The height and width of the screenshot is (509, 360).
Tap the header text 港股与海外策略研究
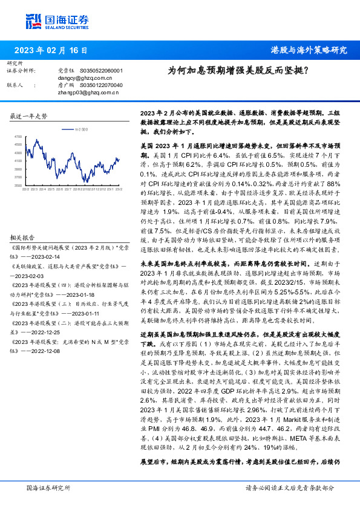coord(309,50)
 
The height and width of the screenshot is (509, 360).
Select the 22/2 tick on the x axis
coord(25,190)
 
